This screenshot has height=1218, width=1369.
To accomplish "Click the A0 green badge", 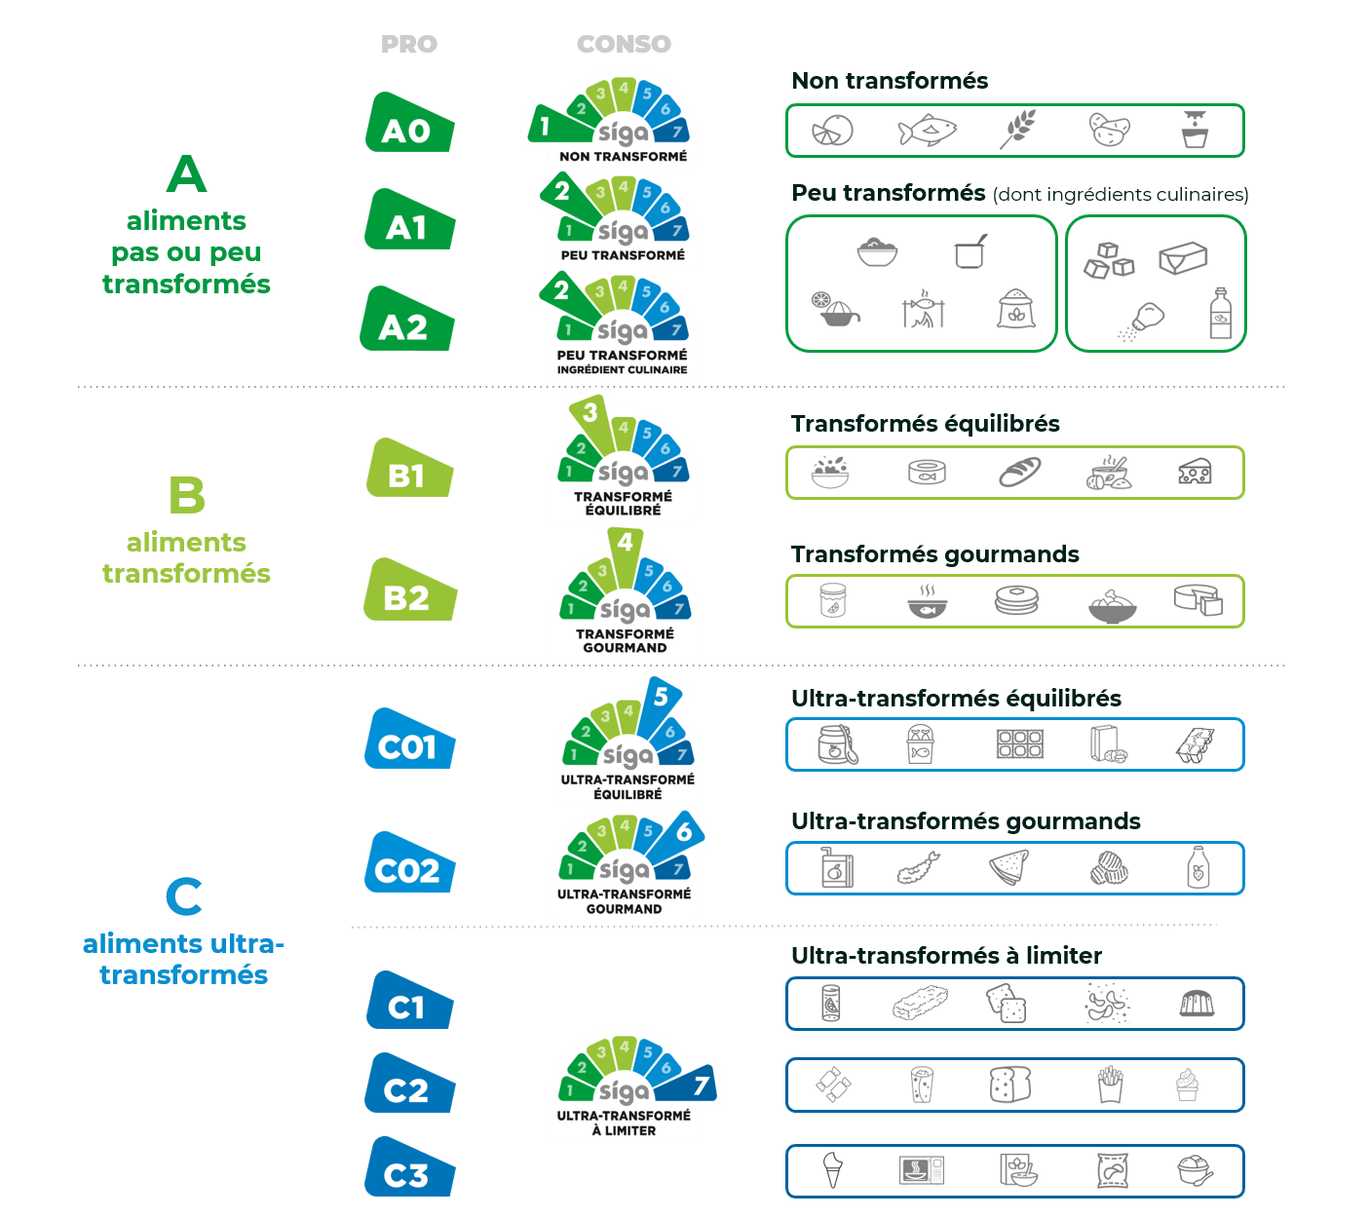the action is (409, 123).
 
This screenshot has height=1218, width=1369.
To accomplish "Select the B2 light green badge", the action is (409, 590).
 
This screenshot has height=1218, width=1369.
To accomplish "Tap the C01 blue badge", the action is (409, 739).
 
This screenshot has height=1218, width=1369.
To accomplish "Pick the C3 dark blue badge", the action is (409, 1167).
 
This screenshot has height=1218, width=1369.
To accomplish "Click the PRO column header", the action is (409, 44).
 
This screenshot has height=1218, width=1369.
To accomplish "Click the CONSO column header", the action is (624, 44).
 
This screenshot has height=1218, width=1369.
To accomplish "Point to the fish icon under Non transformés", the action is (927, 130).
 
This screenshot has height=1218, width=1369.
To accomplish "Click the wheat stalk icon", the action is (1017, 129).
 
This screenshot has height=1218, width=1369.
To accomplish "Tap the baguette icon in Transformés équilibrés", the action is (1019, 472).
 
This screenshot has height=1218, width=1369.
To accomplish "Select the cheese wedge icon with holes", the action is (1195, 471).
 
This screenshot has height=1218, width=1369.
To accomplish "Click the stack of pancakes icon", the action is (1017, 599).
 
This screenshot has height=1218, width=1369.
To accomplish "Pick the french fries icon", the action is (1110, 1085).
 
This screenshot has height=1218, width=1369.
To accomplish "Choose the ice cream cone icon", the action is (833, 1169).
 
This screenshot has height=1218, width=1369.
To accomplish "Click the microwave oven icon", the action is (922, 1170).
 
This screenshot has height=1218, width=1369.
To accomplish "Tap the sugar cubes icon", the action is (1109, 260).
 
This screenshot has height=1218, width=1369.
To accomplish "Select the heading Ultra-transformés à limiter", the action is (946, 955).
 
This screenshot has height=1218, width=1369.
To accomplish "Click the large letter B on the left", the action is (186, 495).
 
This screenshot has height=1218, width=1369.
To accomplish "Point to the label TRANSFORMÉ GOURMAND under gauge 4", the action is (625, 640).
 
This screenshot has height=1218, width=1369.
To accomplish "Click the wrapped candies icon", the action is (833, 1085).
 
